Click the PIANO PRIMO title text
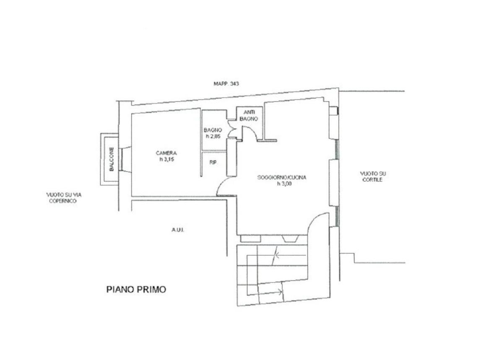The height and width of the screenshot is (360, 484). [136, 289]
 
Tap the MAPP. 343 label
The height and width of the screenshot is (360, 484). [226, 83]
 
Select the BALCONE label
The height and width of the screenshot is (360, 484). [112, 159]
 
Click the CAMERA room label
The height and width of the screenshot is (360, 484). [166, 153]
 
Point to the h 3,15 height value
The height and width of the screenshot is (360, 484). [167, 160]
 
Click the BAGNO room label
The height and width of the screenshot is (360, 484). [213, 130]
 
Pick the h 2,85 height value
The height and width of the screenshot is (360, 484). [213, 136]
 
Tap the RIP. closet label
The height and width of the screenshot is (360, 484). [213, 162]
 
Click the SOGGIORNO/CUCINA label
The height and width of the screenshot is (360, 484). [282, 177]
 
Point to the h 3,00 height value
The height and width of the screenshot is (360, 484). [284, 184]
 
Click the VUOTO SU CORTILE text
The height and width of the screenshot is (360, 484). [372, 176]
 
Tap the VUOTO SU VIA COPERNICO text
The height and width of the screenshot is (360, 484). [64, 198]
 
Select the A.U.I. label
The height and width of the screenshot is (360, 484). [178, 230]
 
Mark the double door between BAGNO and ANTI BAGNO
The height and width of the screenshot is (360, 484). [231, 129]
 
